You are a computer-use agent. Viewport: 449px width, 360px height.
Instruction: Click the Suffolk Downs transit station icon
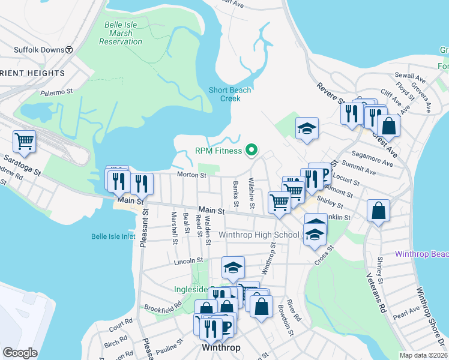(x=69, y=50)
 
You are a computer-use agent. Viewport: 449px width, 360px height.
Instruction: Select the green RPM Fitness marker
(x=252, y=151)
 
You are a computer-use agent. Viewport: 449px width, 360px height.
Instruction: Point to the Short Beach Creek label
(x=229, y=94)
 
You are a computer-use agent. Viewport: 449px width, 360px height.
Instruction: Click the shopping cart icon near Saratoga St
(x=25, y=142)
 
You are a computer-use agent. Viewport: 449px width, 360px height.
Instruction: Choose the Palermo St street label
(x=56, y=92)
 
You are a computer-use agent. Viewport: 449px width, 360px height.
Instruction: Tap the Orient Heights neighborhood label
(x=32, y=73)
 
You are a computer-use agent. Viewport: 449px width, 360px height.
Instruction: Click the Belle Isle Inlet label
(x=113, y=236)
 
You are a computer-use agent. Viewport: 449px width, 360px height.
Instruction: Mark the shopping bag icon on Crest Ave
(x=388, y=125)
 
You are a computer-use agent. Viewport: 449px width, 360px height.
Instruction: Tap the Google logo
(x=20, y=353)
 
